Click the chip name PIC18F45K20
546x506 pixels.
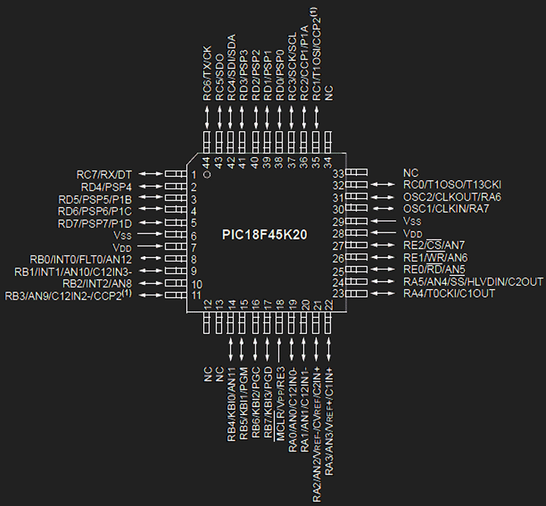[265, 234]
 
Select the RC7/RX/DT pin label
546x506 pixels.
[104, 174]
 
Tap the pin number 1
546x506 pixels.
[194, 175]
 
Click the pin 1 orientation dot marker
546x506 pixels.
[208, 174]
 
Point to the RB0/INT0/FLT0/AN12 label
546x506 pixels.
[81, 260]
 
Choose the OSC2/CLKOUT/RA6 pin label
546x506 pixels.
[452, 197]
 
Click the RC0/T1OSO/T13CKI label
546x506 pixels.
[452, 185]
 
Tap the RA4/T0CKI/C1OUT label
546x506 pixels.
[449, 294]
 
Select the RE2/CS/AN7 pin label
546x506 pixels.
[434, 245]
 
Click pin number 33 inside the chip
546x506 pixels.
[338, 173]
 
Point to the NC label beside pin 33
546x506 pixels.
[411, 173]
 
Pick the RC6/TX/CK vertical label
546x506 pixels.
[208, 73]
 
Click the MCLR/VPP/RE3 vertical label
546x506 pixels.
[280, 404]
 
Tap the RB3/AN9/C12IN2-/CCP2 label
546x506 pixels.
[68, 295]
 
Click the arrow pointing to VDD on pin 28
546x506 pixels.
[383, 233]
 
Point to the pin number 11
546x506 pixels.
[196, 295]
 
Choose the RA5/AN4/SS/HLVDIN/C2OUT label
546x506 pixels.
[473, 281]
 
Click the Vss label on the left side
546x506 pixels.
[122, 235]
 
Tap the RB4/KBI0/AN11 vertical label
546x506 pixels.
[231, 404]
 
